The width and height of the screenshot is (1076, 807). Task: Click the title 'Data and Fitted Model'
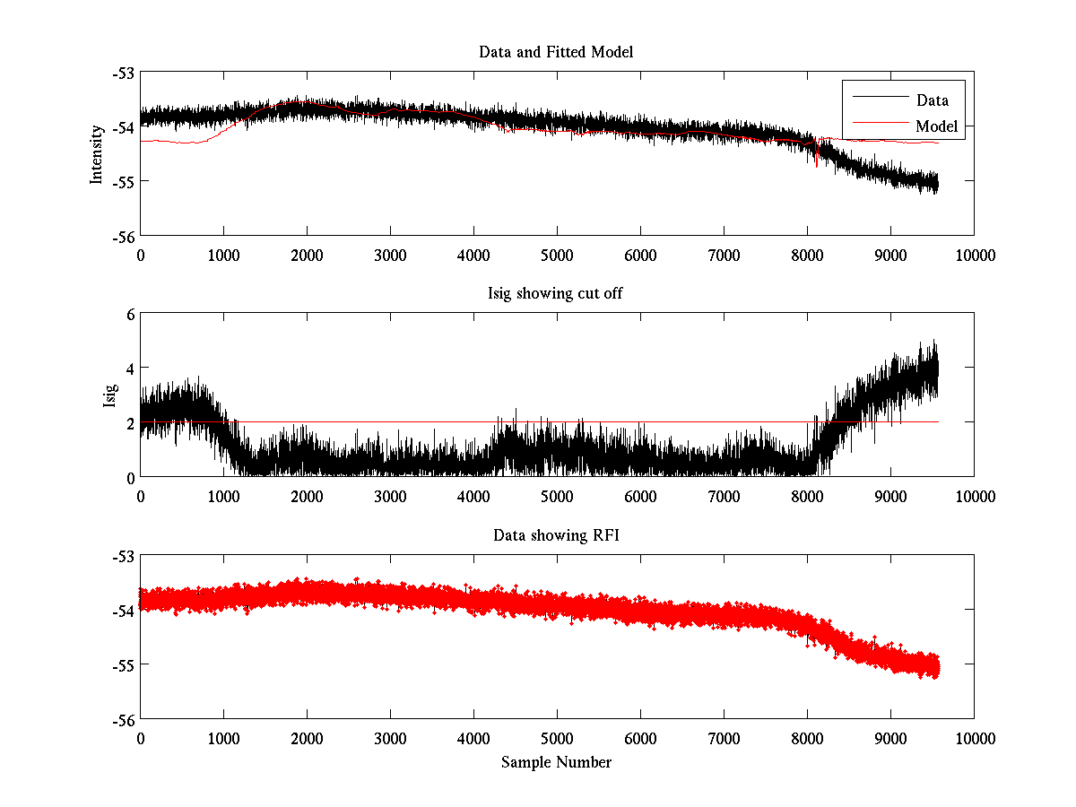click(x=556, y=52)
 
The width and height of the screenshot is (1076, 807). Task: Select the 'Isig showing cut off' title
click(x=556, y=294)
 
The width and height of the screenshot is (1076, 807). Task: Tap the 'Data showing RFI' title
click(x=556, y=535)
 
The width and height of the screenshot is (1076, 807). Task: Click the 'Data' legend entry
click(x=932, y=100)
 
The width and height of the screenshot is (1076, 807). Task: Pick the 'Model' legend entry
click(x=936, y=126)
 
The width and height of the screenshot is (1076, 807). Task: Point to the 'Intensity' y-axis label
click(x=97, y=154)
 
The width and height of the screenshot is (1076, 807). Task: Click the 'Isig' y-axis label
click(x=109, y=395)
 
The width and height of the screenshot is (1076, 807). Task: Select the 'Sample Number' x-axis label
click(x=556, y=762)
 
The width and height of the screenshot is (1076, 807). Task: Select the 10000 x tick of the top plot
click(x=975, y=255)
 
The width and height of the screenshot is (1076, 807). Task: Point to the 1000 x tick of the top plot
click(x=223, y=255)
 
